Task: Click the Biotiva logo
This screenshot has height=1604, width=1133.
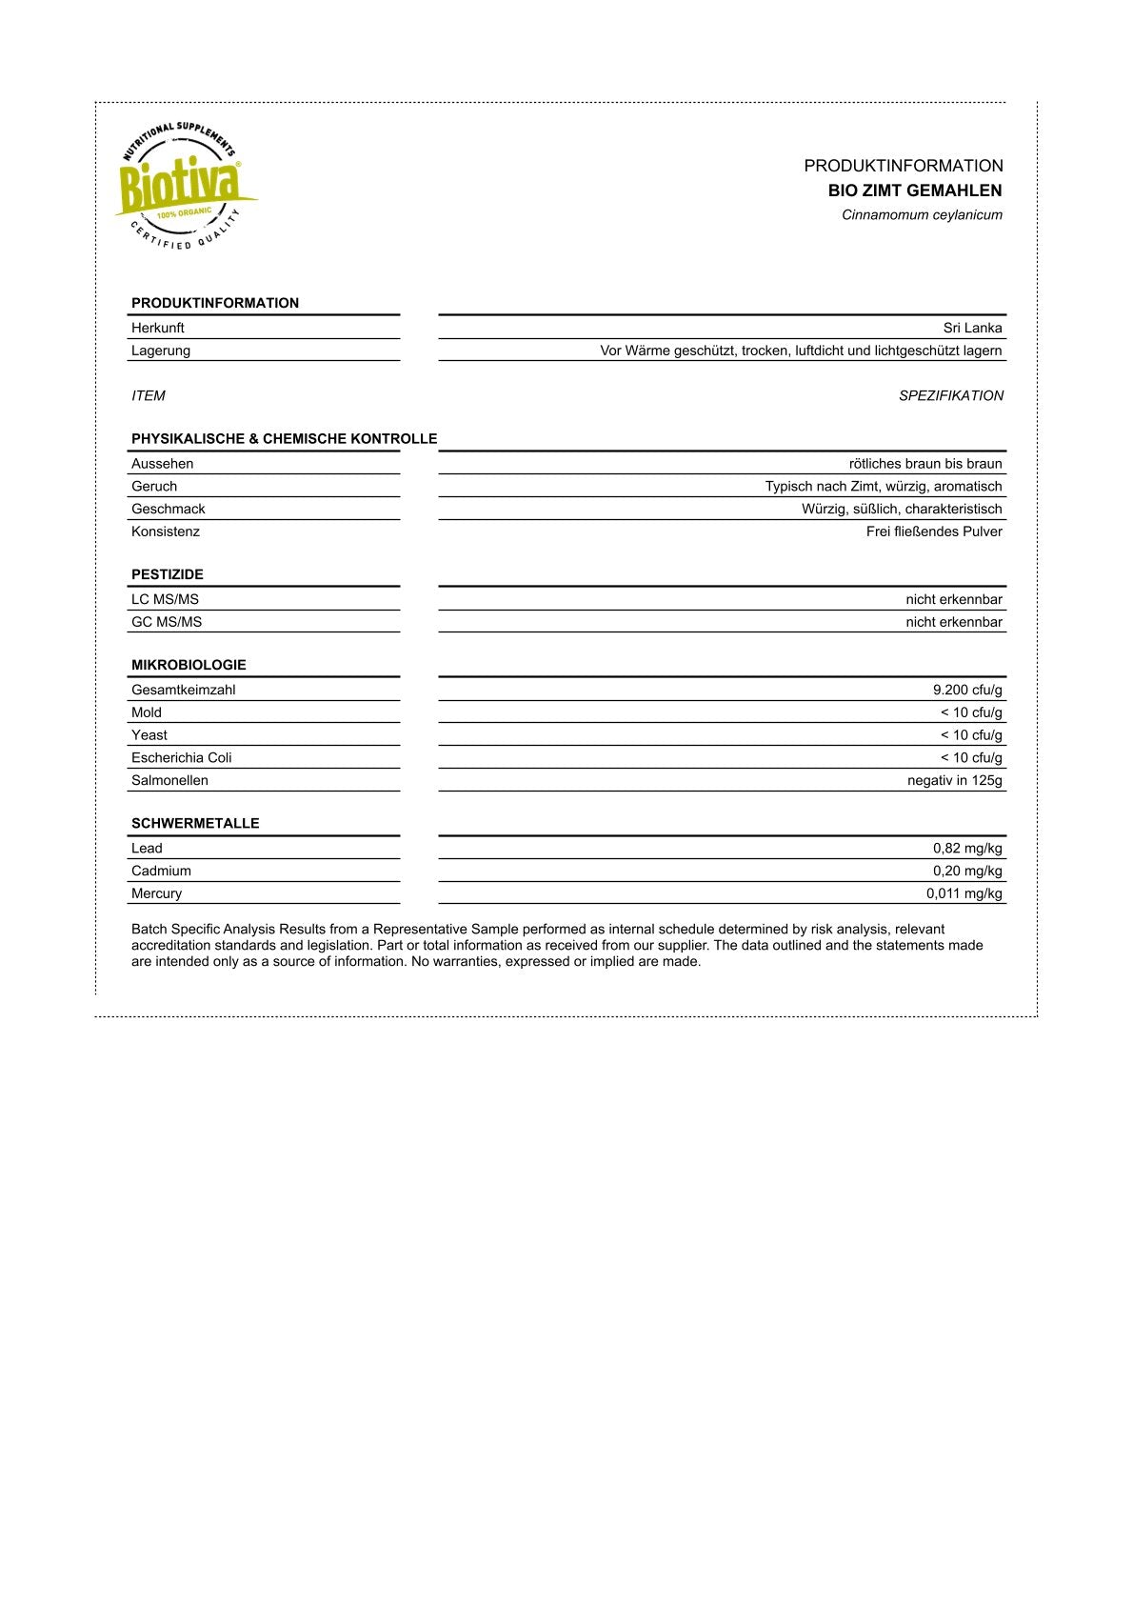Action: point(183,187)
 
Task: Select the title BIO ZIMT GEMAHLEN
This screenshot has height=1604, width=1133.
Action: point(914,190)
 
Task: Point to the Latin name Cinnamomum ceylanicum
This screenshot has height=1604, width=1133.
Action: point(922,215)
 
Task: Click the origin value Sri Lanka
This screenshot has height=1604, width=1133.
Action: point(972,328)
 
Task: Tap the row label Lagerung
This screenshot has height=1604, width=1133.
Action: point(161,351)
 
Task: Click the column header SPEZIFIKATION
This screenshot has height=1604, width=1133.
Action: point(950,395)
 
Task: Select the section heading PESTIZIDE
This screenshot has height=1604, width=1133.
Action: point(168,574)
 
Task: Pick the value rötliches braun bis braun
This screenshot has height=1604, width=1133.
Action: point(925,464)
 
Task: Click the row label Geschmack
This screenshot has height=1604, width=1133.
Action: point(169,509)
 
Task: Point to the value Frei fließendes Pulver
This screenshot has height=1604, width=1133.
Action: point(934,531)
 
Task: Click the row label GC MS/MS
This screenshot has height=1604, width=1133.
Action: point(167,622)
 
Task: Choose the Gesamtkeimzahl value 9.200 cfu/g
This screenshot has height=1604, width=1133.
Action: point(967,690)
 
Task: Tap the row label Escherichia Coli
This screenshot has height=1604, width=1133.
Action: point(182,757)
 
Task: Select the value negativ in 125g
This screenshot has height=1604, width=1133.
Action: point(954,780)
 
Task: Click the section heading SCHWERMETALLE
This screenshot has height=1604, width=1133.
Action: point(195,823)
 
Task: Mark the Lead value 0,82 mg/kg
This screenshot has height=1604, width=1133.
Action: point(967,848)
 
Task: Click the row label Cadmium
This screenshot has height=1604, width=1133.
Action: point(161,871)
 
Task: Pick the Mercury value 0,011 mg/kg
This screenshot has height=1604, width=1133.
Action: point(964,893)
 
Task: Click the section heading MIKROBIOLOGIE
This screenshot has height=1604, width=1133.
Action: point(189,665)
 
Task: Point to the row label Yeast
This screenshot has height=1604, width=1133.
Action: point(149,735)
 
